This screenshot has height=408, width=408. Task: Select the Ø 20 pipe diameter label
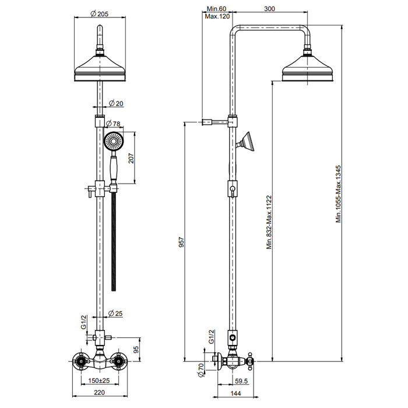117,103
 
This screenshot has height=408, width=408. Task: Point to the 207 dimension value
132,158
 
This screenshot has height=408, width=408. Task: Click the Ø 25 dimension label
115,314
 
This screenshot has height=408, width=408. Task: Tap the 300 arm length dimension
270,9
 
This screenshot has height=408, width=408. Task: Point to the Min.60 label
216,9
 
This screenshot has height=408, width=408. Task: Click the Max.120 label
216,16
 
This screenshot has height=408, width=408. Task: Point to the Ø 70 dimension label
200,369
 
